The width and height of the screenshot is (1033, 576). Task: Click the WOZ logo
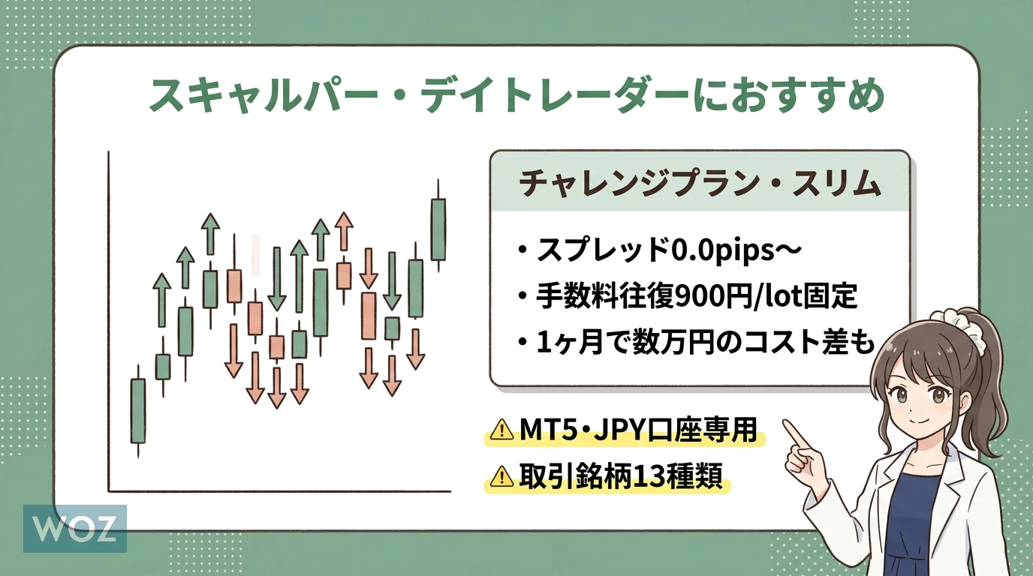tap(75, 529)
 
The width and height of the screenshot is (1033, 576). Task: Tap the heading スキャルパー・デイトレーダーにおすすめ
tap(516, 96)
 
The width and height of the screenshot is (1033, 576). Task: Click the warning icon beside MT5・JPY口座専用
tap(501, 430)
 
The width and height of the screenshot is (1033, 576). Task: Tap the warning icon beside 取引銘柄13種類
tap(501, 476)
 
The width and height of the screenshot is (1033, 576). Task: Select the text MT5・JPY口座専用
tap(639, 430)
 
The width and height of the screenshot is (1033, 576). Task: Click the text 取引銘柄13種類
tap(621, 475)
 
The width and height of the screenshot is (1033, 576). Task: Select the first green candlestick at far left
tap(138, 410)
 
